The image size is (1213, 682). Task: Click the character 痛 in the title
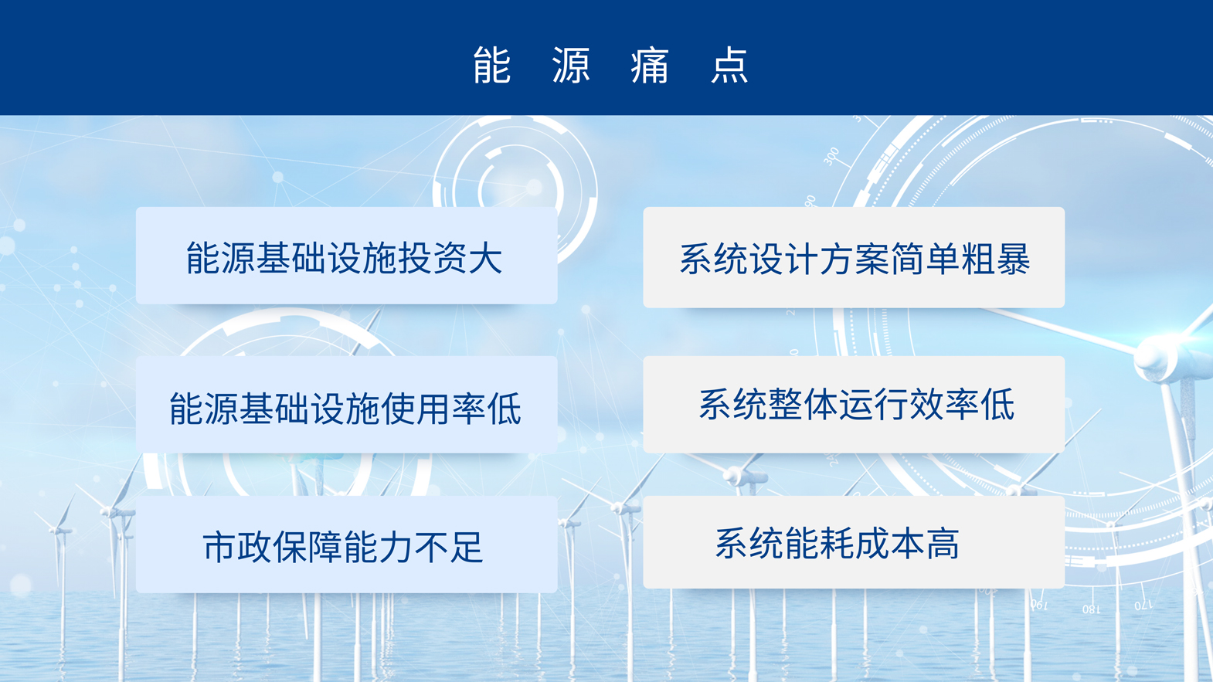(x=650, y=65)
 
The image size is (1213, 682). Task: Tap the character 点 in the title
(x=729, y=65)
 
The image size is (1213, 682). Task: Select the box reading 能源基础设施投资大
(x=347, y=256)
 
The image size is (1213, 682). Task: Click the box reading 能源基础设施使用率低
(x=347, y=404)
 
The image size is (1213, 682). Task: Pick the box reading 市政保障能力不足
(x=347, y=545)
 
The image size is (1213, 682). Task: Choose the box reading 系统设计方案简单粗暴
(x=854, y=257)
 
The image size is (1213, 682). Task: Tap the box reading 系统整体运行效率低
(x=854, y=404)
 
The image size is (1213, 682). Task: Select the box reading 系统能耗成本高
(x=854, y=542)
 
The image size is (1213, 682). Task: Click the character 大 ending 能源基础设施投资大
(x=486, y=258)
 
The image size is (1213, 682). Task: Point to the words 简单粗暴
(x=960, y=260)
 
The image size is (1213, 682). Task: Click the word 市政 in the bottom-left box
(x=237, y=548)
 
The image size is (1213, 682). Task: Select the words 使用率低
(x=451, y=409)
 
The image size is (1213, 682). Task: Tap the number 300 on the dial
(x=831, y=157)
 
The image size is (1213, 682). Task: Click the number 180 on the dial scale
(x=1091, y=609)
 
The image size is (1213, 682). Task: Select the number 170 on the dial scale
(x=1143, y=605)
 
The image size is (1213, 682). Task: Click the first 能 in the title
(x=491, y=65)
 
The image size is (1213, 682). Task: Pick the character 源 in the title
(x=571, y=65)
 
